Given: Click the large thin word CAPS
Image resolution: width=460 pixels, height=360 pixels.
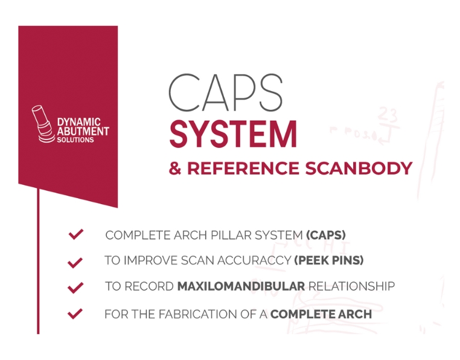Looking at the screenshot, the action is click(225, 92).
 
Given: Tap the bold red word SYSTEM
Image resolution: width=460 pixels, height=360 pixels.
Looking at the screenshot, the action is click(233, 134).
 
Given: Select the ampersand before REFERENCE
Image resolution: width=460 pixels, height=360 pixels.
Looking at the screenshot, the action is click(175, 169).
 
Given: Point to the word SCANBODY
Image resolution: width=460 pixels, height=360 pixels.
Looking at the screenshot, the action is click(359, 169).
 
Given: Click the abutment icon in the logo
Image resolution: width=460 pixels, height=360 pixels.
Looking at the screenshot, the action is click(42, 124).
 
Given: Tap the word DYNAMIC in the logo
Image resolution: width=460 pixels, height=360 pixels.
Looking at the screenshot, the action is click(78, 121).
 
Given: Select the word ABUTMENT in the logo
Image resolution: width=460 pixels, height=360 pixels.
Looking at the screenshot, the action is click(83, 131).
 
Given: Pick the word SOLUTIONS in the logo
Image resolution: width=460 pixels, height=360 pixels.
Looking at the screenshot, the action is click(75, 140).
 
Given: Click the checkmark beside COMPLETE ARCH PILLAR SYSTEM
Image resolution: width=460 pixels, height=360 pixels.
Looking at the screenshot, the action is click(75, 234).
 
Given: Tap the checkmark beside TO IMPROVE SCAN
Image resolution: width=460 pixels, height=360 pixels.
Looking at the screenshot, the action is click(75, 262).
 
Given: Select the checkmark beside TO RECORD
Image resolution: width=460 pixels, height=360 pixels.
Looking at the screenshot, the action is click(75, 288).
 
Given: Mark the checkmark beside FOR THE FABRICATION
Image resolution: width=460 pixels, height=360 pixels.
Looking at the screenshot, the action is click(75, 313).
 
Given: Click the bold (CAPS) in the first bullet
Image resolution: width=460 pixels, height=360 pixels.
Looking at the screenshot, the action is click(326, 235).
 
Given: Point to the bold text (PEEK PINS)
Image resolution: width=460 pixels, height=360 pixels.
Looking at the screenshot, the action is click(329, 260).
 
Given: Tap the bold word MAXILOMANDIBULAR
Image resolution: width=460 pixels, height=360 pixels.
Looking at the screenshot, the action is click(241, 286).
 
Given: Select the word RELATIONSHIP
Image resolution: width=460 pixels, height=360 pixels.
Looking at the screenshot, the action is click(351, 286).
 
